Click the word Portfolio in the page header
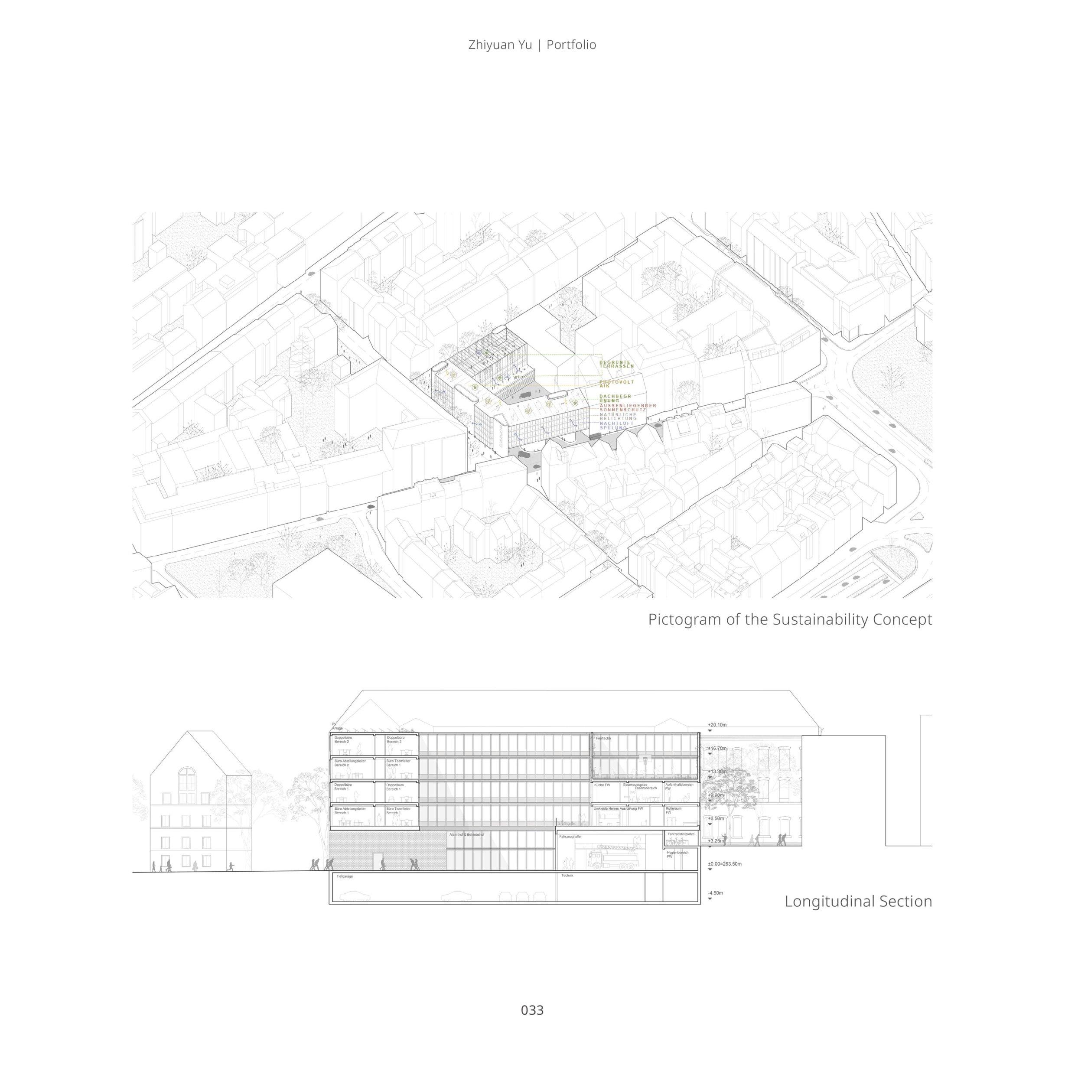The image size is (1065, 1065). click(x=571, y=45)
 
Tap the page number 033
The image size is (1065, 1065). click(x=532, y=1010)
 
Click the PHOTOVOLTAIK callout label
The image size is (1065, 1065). click(x=616, y=384)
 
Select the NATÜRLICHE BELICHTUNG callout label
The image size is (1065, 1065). click(x=618, y=416)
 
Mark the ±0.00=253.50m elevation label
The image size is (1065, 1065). click(x=725, y=864)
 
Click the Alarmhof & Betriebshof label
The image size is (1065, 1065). click(x=466, y=835)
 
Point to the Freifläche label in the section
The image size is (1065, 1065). click(x=603, y=738)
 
